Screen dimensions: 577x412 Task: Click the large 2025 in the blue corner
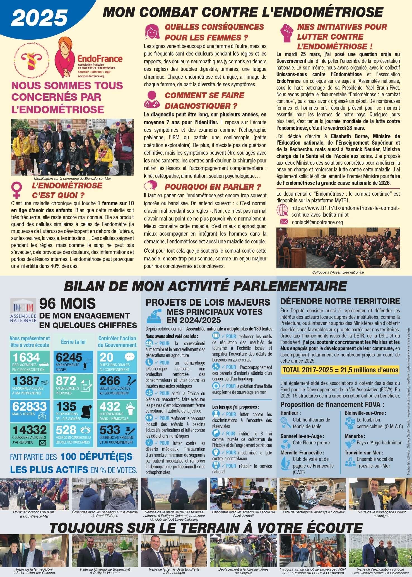(39, 18)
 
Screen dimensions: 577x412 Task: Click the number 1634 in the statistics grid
(26, 358)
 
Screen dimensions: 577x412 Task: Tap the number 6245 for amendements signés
(69, 358)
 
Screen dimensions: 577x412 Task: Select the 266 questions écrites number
(110, 381)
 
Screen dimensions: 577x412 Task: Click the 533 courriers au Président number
(110, 430)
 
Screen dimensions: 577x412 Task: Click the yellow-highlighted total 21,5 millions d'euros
(340, 370)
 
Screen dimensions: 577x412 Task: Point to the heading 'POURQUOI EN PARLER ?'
(213, 187)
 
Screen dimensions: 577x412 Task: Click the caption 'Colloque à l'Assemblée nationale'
(338, 272)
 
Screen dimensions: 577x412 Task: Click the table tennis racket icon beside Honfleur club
(286, 423)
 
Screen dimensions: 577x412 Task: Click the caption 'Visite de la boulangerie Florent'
(382, 512)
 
